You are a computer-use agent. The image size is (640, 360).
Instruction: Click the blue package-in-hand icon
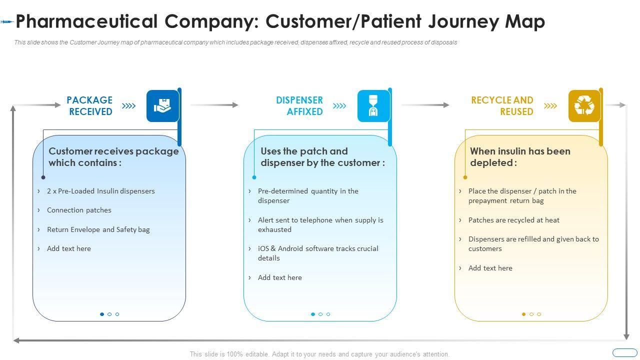coord(162,106)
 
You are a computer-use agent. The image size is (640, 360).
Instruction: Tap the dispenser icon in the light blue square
coord(373,106)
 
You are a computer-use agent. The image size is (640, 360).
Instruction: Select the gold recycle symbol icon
coord(584,106)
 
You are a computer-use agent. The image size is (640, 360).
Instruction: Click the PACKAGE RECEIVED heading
coord(89,106)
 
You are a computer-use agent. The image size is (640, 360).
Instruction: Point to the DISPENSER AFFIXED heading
coord(299,106)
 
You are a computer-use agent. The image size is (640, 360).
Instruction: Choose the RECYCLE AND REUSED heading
coord(502,106)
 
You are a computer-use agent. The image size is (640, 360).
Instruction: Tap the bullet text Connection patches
coord(79,210)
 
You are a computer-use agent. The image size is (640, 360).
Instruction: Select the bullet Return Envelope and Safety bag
coord(98,229)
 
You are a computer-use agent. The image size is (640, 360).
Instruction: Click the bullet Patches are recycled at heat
coord(513,220)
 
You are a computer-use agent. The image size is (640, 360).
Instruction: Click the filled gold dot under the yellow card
coord(523,314)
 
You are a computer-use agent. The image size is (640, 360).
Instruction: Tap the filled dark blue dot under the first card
coord(102,314)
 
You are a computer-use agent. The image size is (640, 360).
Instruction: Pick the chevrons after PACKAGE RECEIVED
coord(129,106)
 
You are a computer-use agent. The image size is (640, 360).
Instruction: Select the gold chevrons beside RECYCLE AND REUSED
coord(550,106)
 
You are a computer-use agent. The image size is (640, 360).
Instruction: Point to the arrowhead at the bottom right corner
coord(626,336)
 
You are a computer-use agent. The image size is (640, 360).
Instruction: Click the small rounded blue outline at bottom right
coord(624,352)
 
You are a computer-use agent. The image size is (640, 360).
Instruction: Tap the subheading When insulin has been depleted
coord(520,156)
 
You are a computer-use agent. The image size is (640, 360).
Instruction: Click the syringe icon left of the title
coord(6,21)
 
